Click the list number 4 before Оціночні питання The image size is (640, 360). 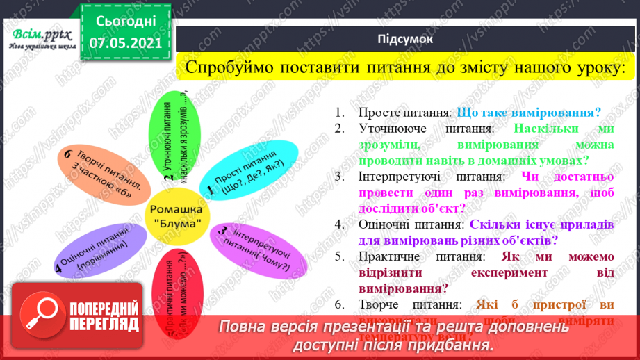click(x=338, y=224)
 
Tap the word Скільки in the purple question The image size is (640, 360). click(x=492, y=224)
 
